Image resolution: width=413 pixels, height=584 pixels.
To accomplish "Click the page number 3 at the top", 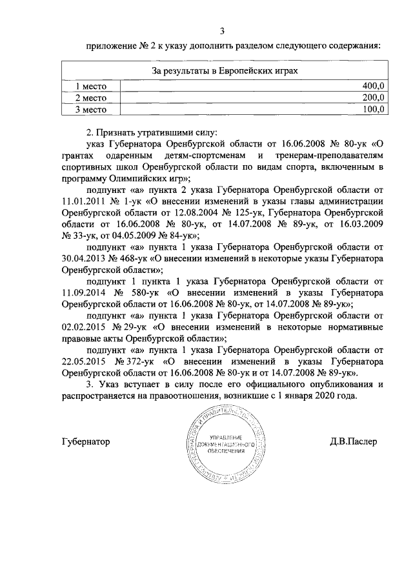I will (222, 31).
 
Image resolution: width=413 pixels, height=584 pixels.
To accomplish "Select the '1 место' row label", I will (90, 86).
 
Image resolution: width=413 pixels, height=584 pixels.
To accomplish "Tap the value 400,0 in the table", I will (373, 86).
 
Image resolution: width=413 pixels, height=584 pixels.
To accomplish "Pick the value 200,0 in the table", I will (373, 97).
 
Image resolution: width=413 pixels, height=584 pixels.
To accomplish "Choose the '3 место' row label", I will (90, 109).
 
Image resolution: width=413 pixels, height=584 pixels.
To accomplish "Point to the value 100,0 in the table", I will (373, 109).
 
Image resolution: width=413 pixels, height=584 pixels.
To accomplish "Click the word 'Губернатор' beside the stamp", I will (86, 443).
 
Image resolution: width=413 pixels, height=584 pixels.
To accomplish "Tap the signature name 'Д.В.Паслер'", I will (353, 443).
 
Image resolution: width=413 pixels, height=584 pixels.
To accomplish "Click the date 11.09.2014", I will (84, 293).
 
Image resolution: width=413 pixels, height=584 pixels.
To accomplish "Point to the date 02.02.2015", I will (84, 328).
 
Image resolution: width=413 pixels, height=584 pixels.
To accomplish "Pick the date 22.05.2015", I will (84, 363).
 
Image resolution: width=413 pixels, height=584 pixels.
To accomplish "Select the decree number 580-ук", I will (143, 293).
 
